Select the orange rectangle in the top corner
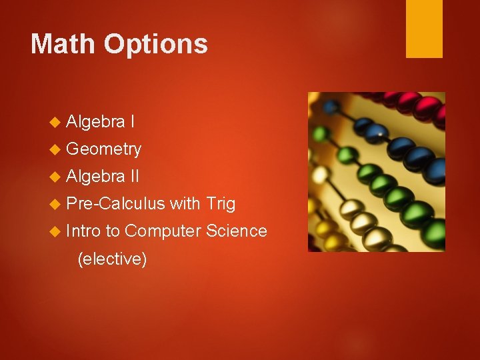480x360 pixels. (424, 29)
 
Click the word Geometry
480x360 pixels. (104, 149)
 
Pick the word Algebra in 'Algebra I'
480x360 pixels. (96, 121)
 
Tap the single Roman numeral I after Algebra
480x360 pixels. (133, 121)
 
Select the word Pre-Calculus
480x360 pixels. (116, 203)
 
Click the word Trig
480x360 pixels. (221, 203)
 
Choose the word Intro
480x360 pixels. (84, 231)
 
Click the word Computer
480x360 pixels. (163, 231)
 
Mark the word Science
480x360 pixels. (237, 231)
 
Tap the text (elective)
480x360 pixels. (112, 259)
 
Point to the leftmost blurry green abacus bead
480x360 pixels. (321, 133)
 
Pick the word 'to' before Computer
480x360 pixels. (113, 231)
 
